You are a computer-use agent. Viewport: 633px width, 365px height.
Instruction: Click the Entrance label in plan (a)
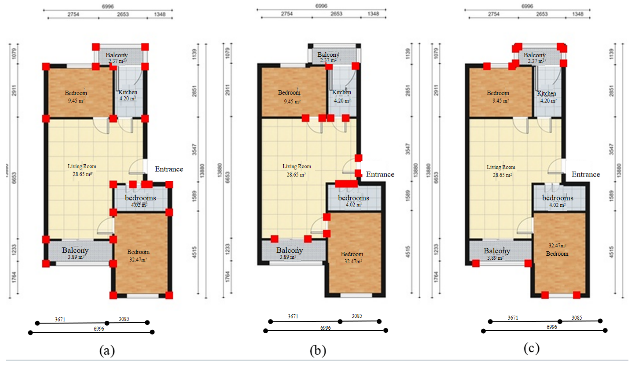pyautogui.click(x=169, y=169)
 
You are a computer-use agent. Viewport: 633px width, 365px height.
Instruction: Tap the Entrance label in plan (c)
pyautogui.click(x=586, y=174)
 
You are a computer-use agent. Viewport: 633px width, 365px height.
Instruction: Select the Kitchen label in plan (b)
pyautogui.click(x=342, y=92)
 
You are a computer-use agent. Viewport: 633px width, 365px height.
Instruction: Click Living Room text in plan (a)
pyautogui.click(x=82, y=166)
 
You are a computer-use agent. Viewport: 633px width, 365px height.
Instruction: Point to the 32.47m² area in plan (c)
pyautogui.click(x=557, y=246)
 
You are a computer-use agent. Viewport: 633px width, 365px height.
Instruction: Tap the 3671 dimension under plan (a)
pyautogui.click(x=60, y=319)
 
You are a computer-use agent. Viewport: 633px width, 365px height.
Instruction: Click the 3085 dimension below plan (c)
pyautogui.click(x=577, y=318)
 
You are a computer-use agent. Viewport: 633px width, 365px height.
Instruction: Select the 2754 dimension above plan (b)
pyautogui.click(x=287, y=14)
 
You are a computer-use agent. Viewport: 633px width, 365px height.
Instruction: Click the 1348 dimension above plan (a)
pyautogui.click(x=160, y=14)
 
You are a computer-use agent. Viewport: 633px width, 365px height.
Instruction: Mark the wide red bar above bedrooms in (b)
pyautogui.click(x=346, y=184)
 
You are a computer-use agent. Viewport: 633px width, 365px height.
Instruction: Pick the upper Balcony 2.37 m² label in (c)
pyautogui.click(x=534, y=58)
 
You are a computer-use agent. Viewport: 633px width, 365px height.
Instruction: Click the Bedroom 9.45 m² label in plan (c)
pyautogui.click(x=498, y=96)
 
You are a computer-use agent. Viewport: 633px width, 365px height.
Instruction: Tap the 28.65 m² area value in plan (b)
pyautogui.click(x=296, y=174)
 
